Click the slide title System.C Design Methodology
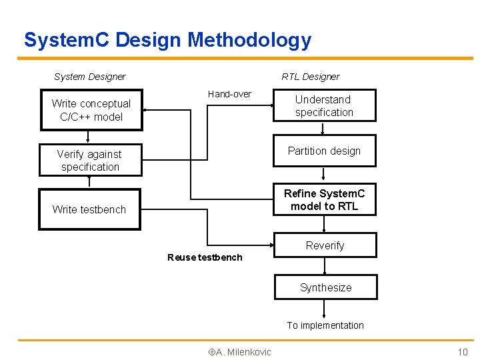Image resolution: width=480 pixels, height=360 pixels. click(167, 40)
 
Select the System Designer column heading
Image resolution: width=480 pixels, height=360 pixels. click(89, 77)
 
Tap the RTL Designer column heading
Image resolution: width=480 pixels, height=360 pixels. click(310, 77)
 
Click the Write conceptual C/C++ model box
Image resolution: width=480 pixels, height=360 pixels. click(91, 110)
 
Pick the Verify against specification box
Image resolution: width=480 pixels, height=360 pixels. click(90, 161)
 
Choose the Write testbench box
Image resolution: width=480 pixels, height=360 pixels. click(89, 209)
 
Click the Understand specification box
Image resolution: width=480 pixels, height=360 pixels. click(324, 106)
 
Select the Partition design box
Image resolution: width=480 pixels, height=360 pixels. click(324, 151)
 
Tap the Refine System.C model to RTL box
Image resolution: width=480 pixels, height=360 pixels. click(324, 200)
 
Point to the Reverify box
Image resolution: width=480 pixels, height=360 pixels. click(325, 245)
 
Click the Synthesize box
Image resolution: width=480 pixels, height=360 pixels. click(325, 287)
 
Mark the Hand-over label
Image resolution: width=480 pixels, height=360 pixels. click(229, 94)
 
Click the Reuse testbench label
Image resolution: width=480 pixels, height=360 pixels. click(205, 257)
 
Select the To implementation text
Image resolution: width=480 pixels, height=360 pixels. click(325, 325)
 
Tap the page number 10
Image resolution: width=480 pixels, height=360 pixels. click(463, 352)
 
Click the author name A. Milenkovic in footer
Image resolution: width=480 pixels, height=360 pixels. click(239, 352)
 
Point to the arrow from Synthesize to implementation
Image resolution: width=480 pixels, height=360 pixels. click(325, 309)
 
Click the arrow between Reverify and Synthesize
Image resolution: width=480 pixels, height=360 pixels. click(325, 266)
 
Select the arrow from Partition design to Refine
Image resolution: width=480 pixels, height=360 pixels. click(325, 174)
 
